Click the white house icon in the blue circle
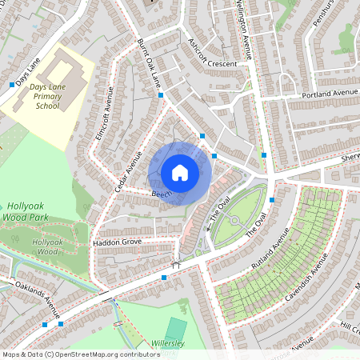pos(180,172)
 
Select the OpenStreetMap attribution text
pos(81,354)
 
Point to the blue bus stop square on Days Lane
pos(11,84)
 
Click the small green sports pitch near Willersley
pos(176,329)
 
